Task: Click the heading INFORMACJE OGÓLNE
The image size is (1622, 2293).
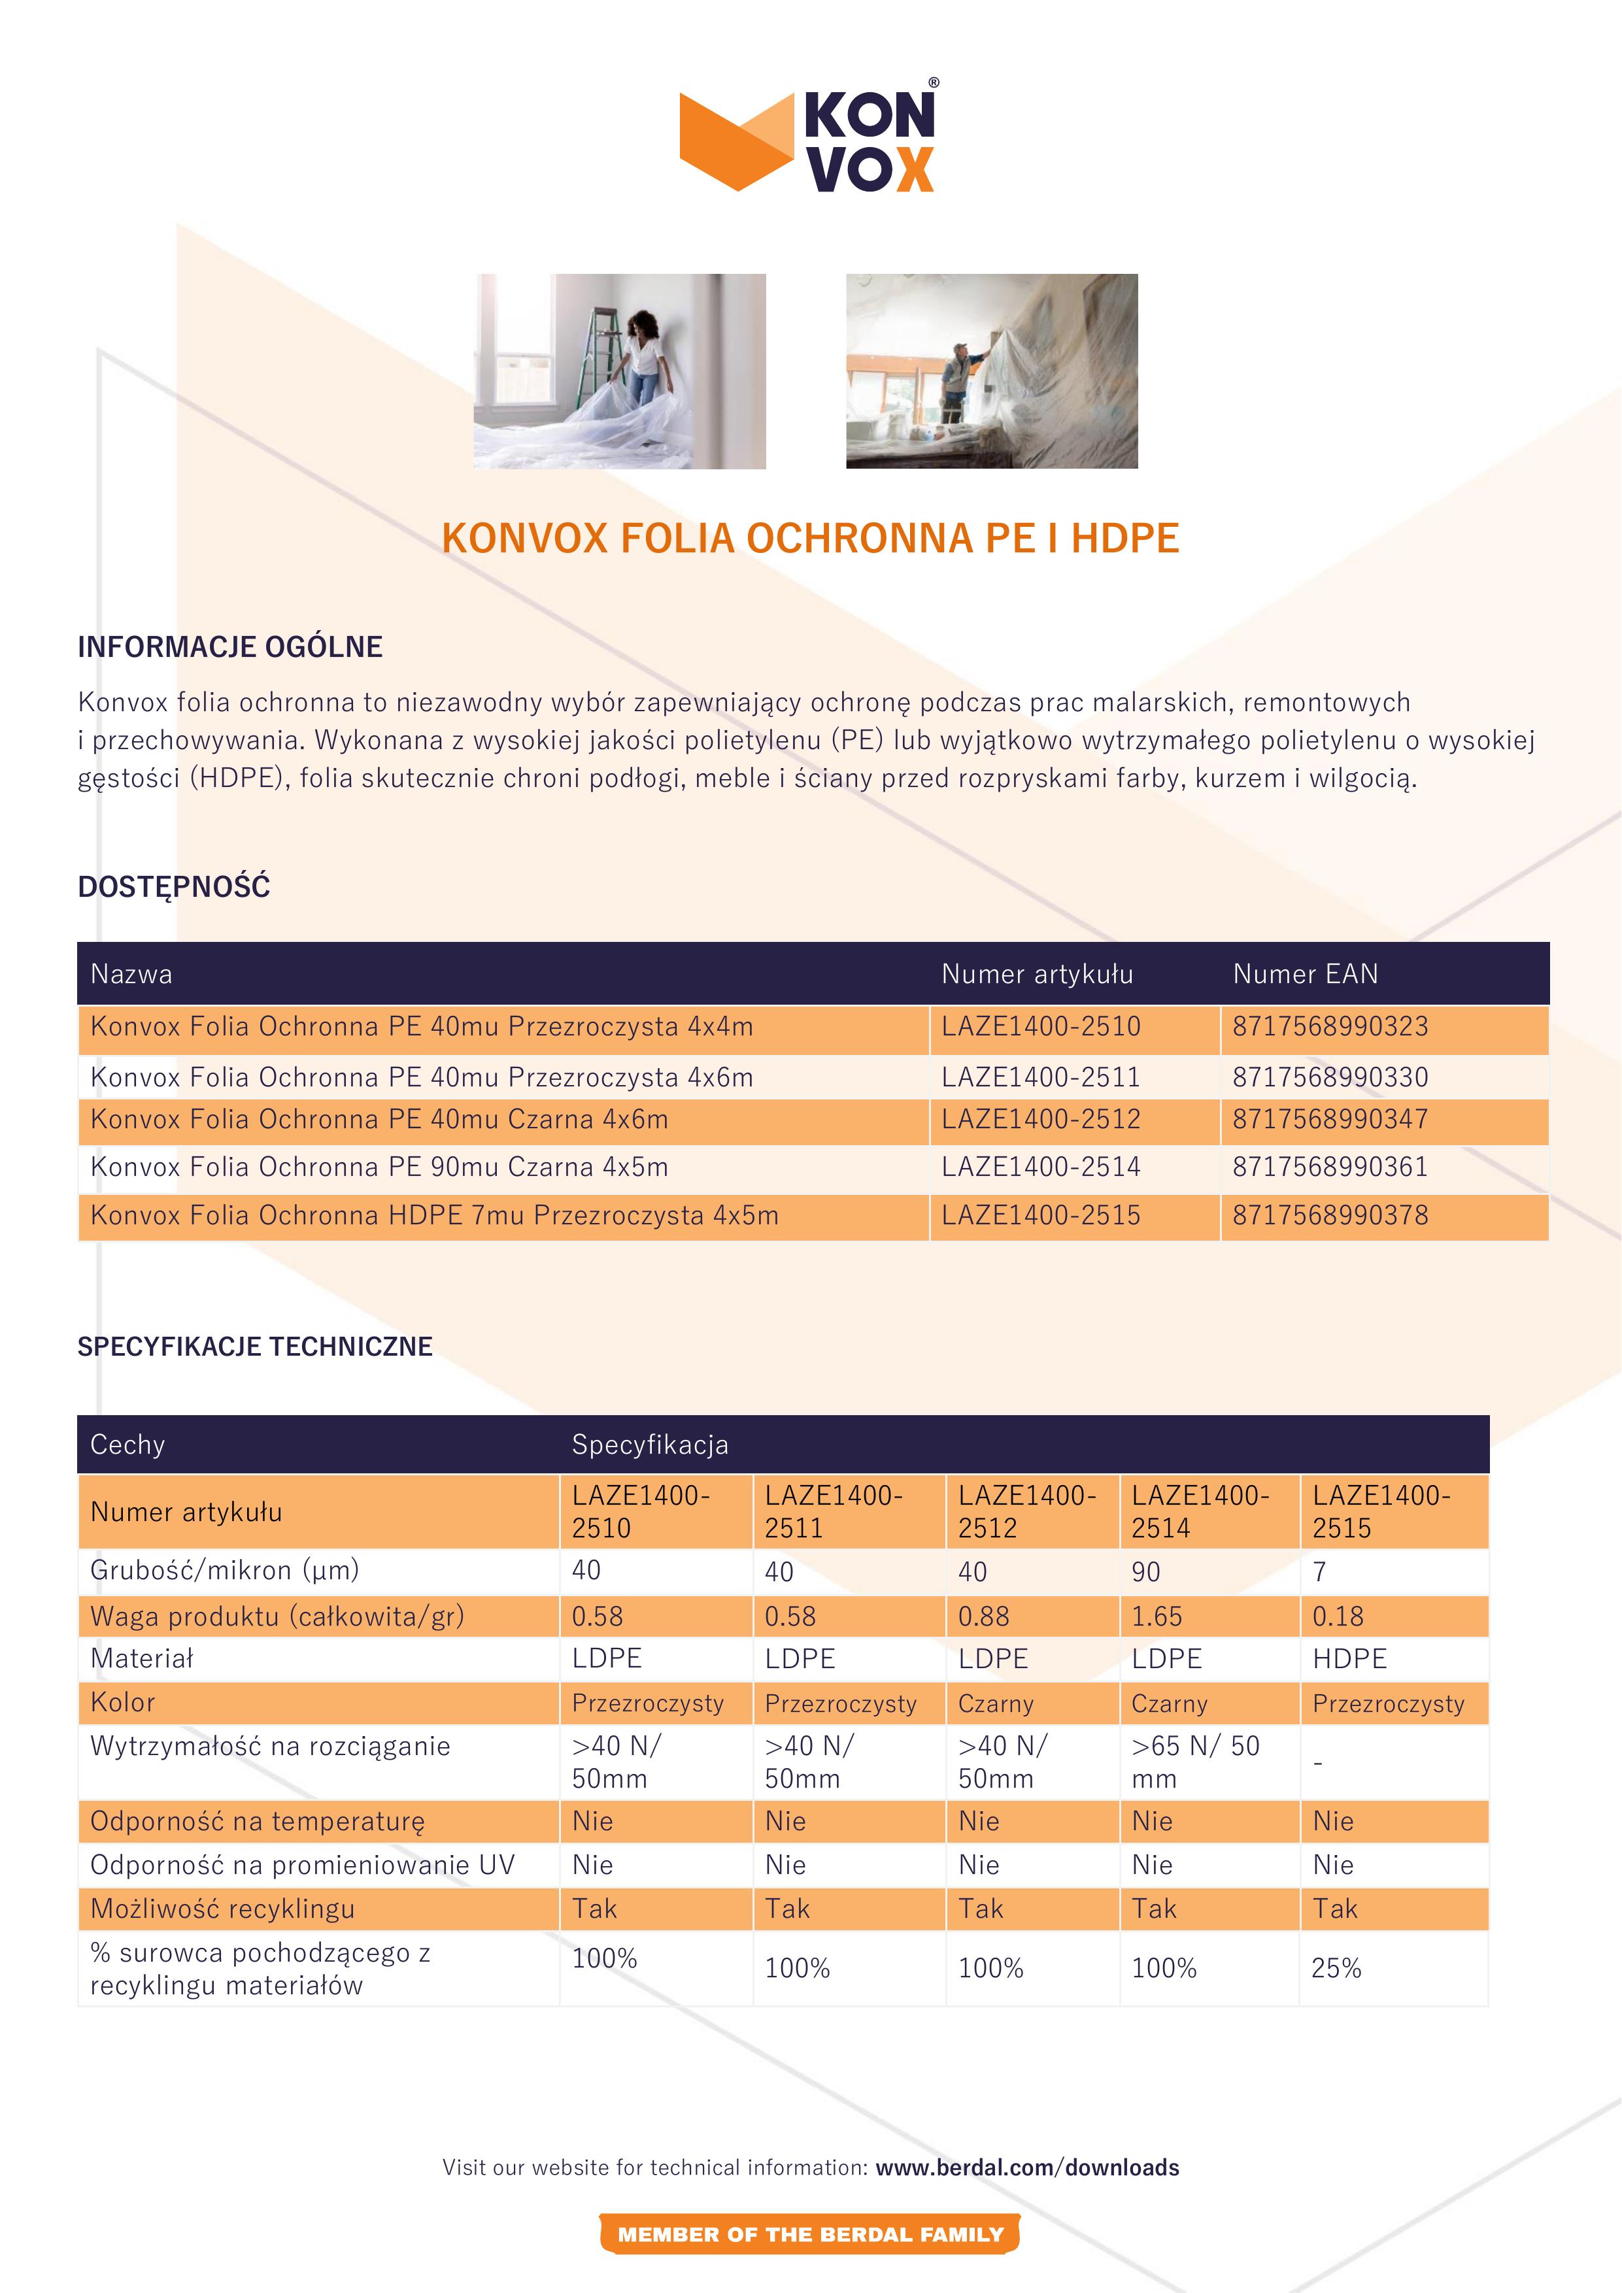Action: pyautogui.click(x=229, y=647)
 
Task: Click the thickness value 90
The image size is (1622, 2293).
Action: pyautogui.click(x=1145, y=1572)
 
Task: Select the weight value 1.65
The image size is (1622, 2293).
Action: pyautogui.click(x=1157, y=1616)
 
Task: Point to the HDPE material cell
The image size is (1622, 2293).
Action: pyautogui.click(x=1349, y=1659)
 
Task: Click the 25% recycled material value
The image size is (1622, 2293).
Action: pyautogui.click(x=1336, y=1967)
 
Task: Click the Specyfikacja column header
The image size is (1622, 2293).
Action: pyautogui.click(x=649, y=1444)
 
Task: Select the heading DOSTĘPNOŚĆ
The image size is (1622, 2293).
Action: pyautogui.click(x=174, y=887)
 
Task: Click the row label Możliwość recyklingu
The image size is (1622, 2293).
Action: pyautogui.click(x=222, y=1909)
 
